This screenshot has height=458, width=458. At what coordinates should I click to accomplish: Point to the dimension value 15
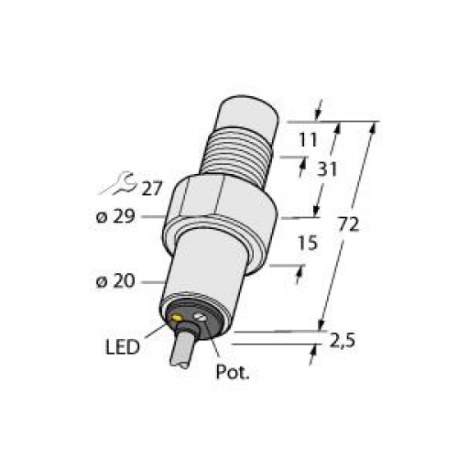pyautogui.click(x=307, y=245)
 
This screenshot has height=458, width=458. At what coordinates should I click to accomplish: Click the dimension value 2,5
pyautogui.click(x=343, y=343)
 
